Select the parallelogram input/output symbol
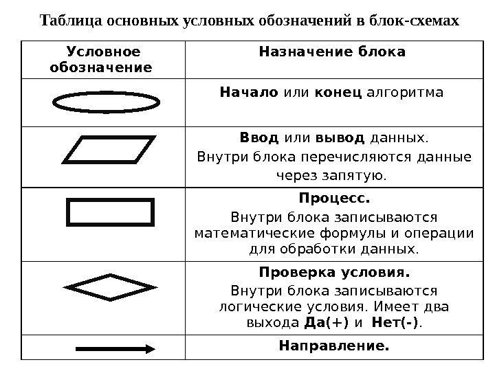coord(109,156)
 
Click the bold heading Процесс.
coord(334,199)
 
